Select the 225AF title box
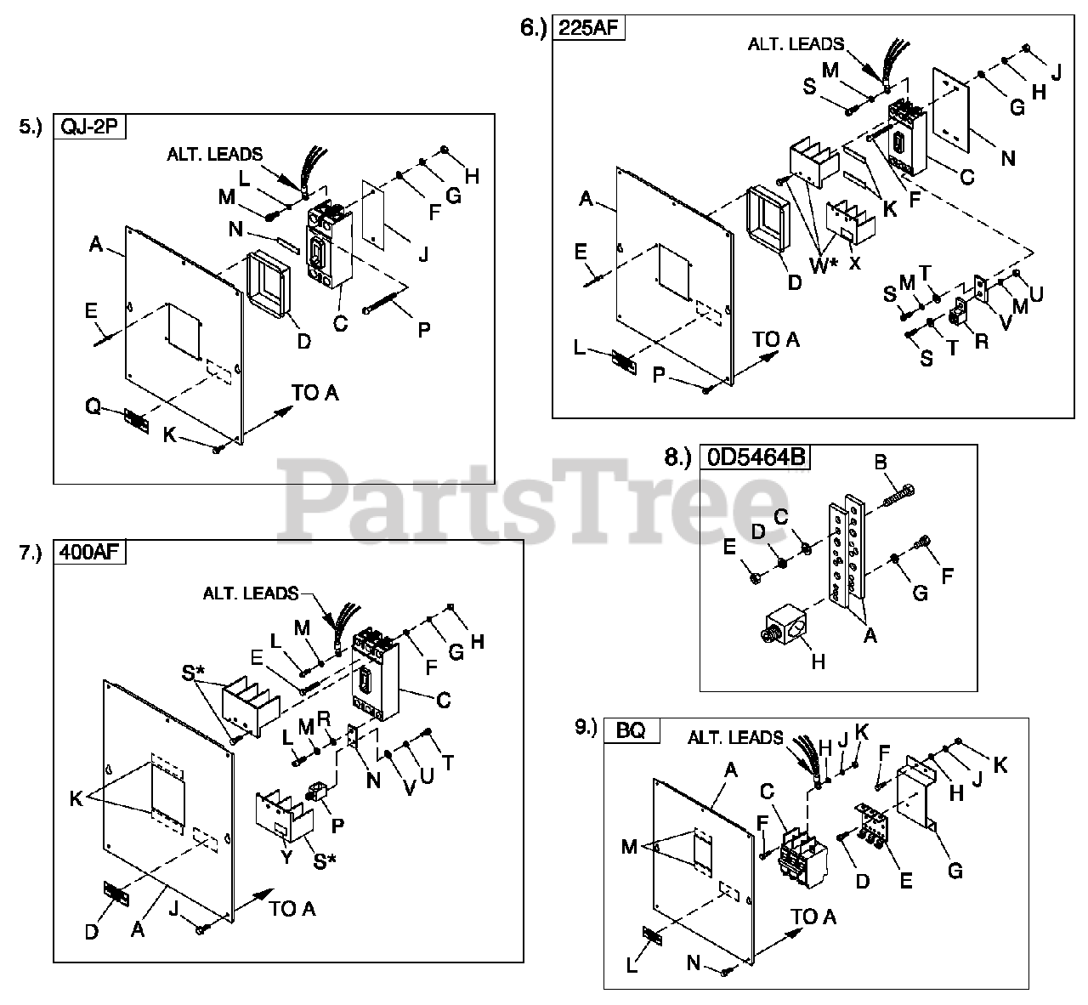(589, 27)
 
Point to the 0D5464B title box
(755, 457)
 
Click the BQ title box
(632, 730)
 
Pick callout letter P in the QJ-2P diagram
(423, 329)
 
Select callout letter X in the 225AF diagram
(855, 263)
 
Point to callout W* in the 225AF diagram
(821, 264)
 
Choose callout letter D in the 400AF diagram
(92, 931)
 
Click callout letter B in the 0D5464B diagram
(881, 463)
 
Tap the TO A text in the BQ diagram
(813, 917)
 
